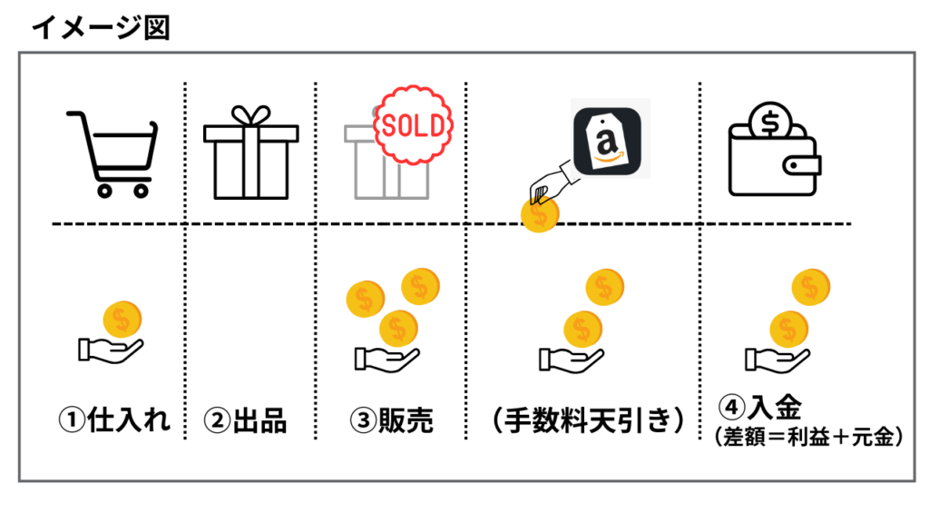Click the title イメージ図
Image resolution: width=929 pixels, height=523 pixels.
(100, 27)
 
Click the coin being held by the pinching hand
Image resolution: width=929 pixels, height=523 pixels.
(540, 213)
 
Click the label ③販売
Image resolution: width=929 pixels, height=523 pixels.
(392, 420)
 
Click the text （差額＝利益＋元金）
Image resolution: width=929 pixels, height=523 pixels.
(809, 437)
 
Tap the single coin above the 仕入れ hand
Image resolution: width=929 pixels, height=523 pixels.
(122, 320)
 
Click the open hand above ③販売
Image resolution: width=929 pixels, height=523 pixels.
(385, 358)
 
